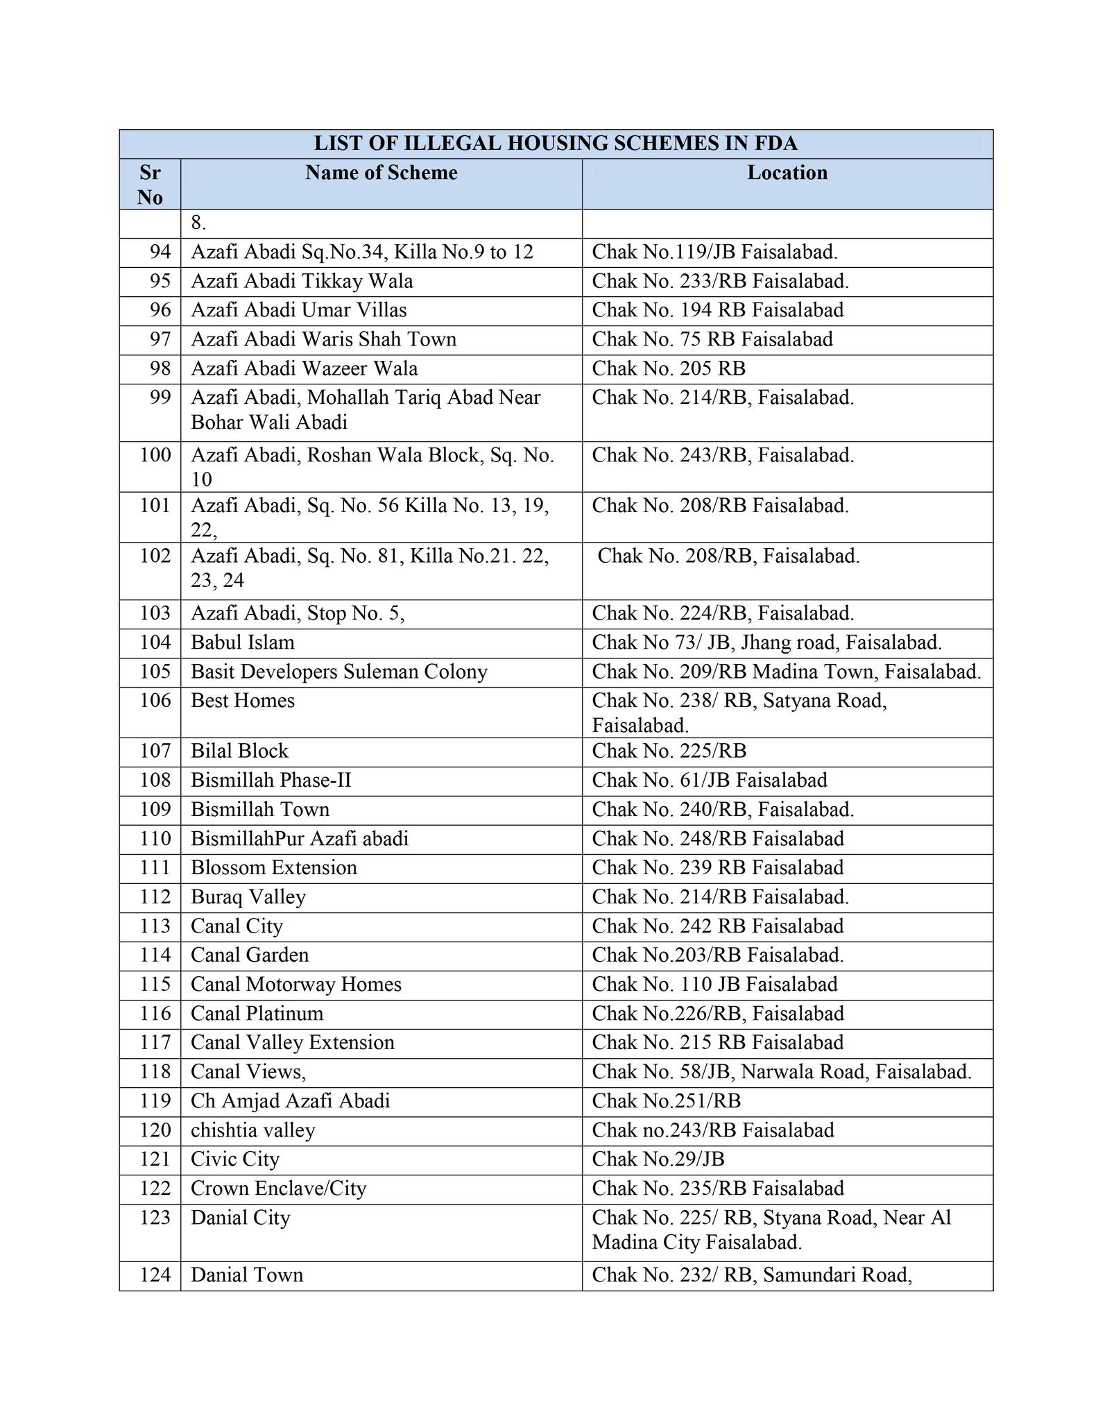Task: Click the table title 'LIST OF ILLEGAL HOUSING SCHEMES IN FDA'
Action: click(x=556, y=144)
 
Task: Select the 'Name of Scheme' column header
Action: click(x=381, y=173)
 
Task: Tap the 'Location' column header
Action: click(x=787, y=173)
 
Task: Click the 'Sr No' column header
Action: click(x=150, y=185)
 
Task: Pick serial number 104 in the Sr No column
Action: click(x=155, y=643)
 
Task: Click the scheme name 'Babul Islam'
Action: click(x=243, y=643)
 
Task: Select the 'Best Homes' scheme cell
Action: click(x=243, y=701)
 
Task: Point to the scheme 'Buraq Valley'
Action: click(x=248, y=897)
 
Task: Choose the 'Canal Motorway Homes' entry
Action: click(x=296, y=985)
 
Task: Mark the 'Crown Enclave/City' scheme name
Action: click(x=278, y=1189)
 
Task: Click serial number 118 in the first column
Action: click(x=155, y=1072)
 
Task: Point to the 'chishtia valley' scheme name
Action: click(x=253, y=1130)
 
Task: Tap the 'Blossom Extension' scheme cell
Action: click(x=274, y=868)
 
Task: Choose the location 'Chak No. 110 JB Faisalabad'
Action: click(x=714, y=985)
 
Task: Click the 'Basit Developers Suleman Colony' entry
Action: click(x=339, y=672)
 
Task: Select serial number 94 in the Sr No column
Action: click(x=160, y=252)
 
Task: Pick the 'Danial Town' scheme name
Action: click(x=247, y=1275)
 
